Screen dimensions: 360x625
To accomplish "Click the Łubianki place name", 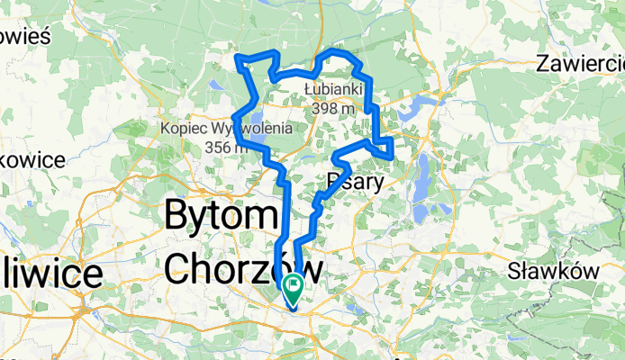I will click(333, 90).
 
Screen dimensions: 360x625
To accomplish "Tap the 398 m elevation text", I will click(333, 108).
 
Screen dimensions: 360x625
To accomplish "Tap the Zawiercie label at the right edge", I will click(581, 64).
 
